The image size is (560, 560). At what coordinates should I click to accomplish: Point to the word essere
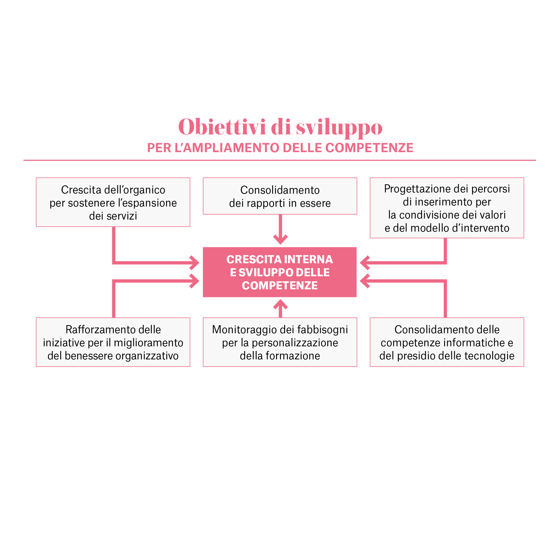(x=315, y=203)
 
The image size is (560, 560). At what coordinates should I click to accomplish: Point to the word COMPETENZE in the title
(x=280, y=286)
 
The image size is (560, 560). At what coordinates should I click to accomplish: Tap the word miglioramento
(x=148, y=343)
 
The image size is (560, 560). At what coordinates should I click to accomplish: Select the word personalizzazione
(x=295, y=343)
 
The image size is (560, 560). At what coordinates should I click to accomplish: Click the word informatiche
(x=474, y=343)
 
